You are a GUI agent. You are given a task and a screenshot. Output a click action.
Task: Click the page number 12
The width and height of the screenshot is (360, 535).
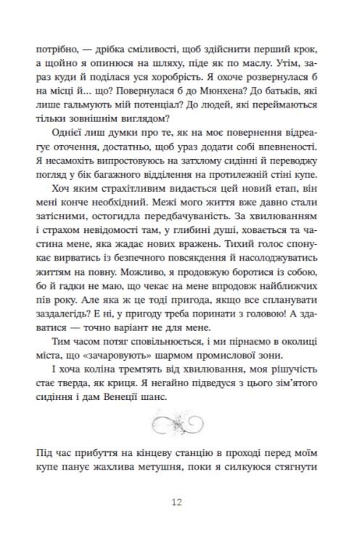(x=180, y=501)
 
